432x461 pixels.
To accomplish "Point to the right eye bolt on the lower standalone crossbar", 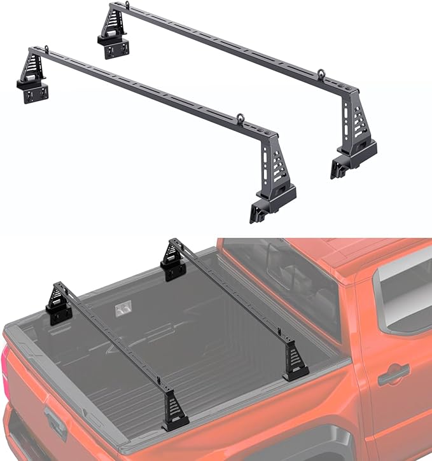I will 240,118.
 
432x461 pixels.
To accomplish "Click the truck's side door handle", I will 393,375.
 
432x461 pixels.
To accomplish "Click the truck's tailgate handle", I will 54,420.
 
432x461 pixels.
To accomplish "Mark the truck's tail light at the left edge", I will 8,382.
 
